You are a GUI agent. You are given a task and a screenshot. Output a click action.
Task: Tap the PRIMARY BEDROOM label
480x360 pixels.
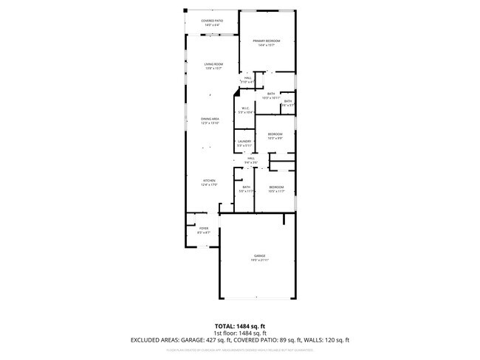coord(267,41)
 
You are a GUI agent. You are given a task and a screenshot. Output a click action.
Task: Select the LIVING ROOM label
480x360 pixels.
coord(214,64)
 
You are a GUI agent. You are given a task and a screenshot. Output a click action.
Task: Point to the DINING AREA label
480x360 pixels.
coord(210,119)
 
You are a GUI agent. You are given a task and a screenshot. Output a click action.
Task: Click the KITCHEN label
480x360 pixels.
coord(210,181)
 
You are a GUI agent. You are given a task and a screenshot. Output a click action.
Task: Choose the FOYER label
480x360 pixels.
coord(204,229)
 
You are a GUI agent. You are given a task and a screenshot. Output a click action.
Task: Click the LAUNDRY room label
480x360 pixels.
coord(244,141)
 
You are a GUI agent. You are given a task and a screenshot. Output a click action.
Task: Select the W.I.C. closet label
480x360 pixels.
coord(246,109)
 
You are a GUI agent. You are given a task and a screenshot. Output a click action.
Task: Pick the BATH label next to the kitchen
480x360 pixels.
coord(247,187)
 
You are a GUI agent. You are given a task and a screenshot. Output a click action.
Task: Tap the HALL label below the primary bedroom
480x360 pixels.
coord(249,77)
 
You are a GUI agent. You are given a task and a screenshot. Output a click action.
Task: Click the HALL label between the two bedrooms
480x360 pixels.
coord(251,158)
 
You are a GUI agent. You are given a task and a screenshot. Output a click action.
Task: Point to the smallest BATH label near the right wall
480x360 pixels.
coord(288,101)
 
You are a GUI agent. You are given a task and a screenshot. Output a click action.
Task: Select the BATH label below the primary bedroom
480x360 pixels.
coord(271,94)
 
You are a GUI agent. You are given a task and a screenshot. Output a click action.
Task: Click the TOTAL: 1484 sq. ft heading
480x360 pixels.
coord(239,325)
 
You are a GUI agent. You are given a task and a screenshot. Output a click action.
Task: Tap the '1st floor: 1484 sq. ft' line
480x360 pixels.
coord(239,333)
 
